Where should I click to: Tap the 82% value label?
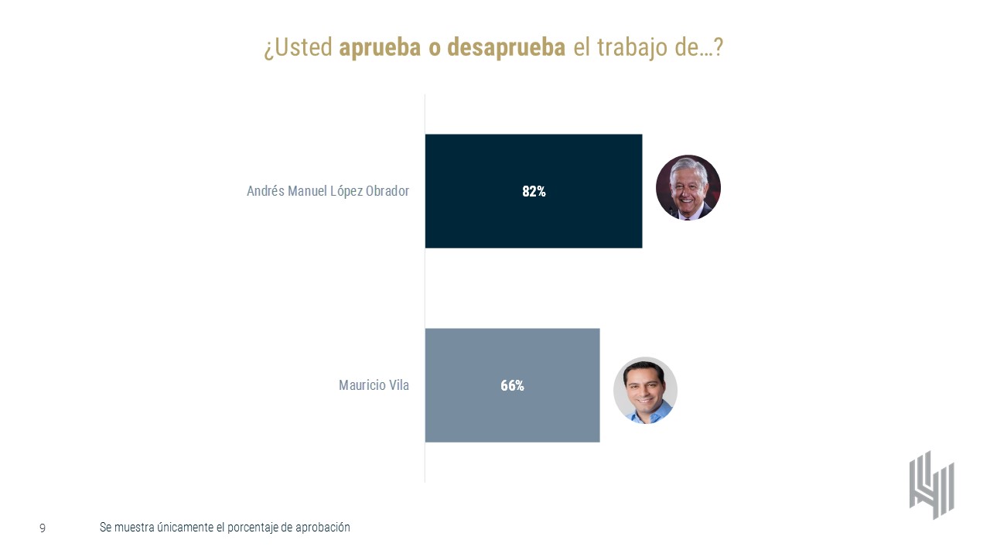pos(534,191)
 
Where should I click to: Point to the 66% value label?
pos(512,385)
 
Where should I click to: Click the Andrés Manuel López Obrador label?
pos(328,191)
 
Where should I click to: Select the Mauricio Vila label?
pos(374,385)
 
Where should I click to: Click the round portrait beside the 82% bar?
pos(688,188)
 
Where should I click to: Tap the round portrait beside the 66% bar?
pos(645,391)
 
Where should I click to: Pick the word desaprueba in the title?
pos(506,48)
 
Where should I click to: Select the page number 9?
pos(43,528)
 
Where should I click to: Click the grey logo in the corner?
pos(931,485)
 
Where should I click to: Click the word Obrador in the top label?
pos(385,191)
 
